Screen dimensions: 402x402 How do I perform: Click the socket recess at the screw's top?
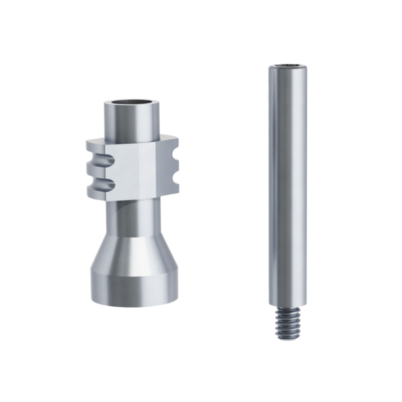(x=287, y=66)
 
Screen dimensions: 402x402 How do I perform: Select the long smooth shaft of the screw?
(x=287, y=183)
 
